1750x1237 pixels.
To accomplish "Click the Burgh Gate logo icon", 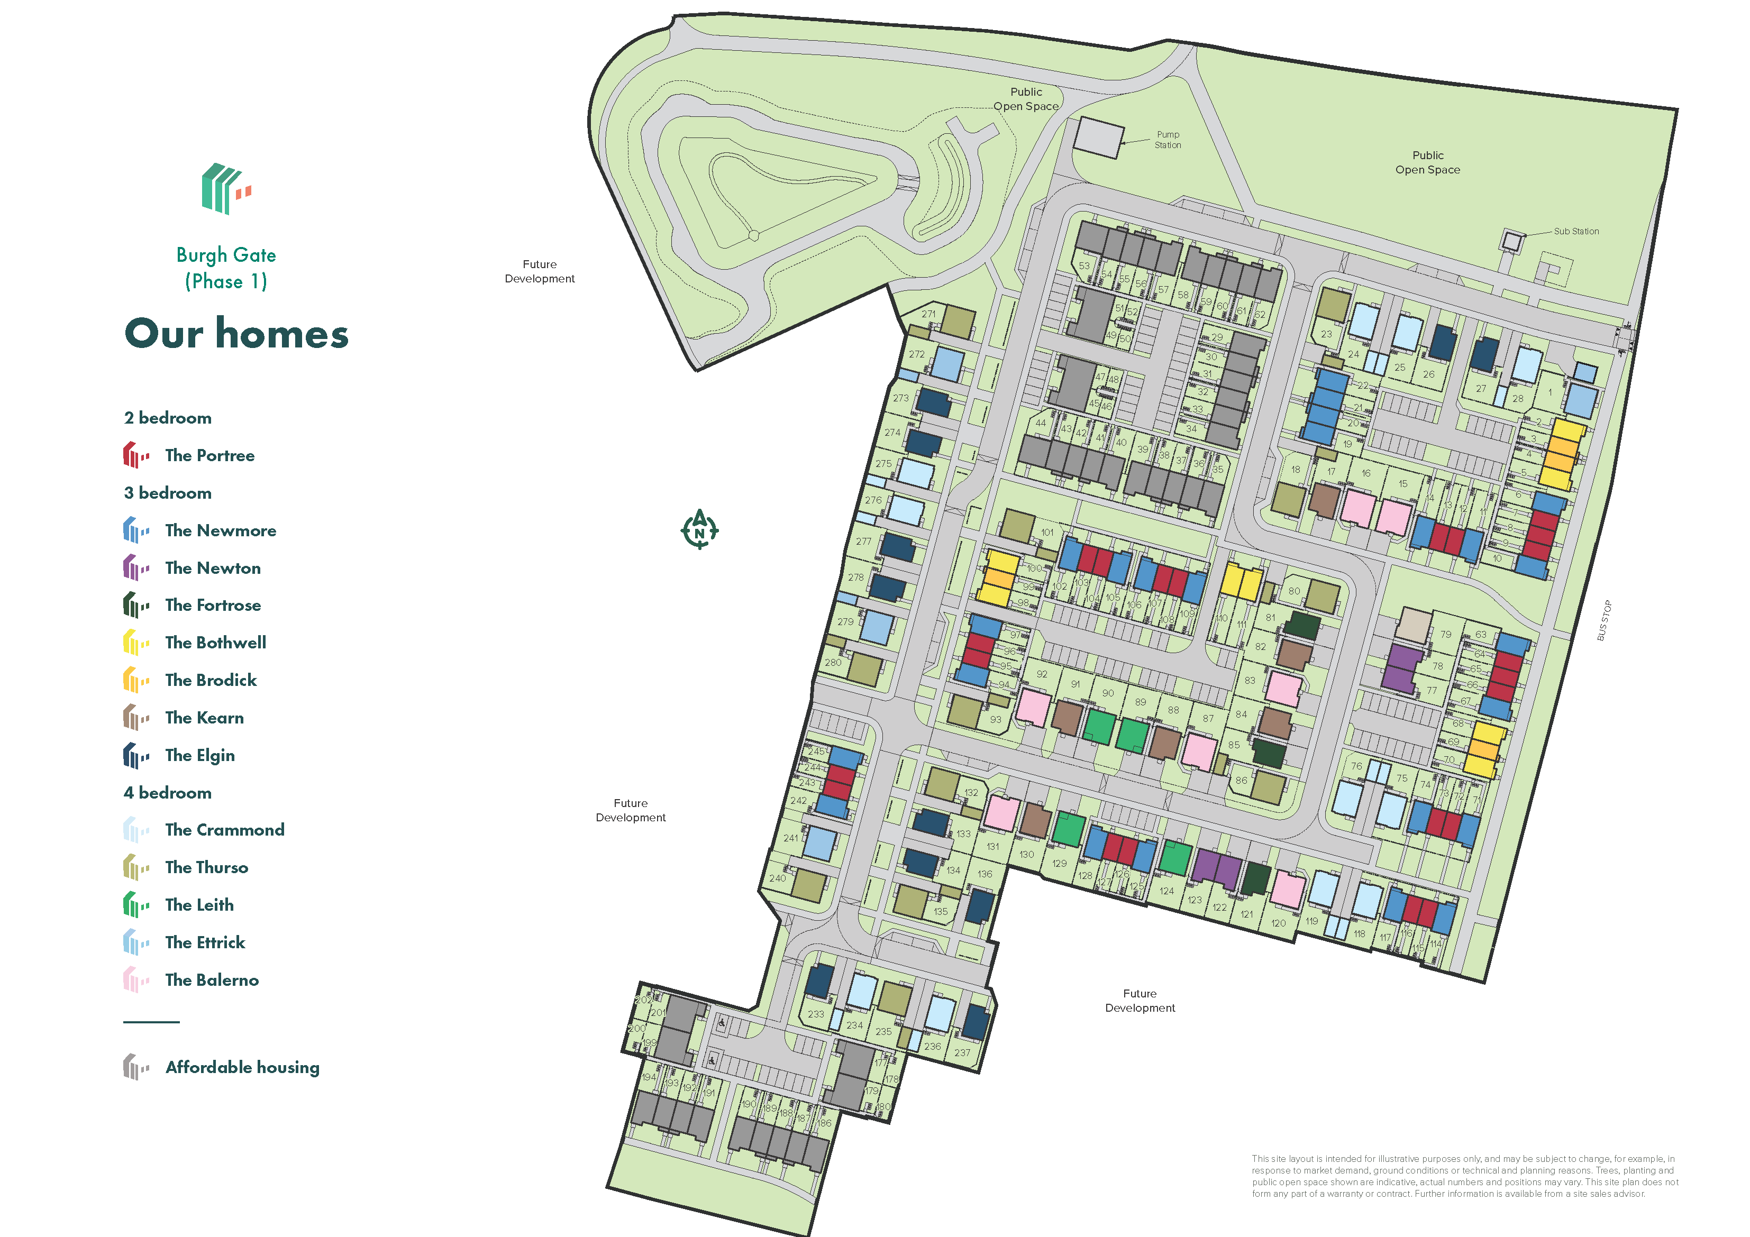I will [x=225, y=188].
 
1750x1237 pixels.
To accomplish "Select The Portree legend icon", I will [x=135, y=455].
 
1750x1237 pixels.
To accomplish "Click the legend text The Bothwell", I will [x=216, y=643].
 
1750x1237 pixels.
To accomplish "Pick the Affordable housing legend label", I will [x=242, y=1067].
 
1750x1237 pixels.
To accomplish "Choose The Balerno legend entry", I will [x=212, y=980].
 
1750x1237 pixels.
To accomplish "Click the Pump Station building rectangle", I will [x=1098, y=138].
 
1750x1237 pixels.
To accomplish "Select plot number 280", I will [x=833, y=662].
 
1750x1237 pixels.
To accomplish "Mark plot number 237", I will [x=962, y=1052].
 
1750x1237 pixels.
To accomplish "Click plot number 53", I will [x=1084, y=266].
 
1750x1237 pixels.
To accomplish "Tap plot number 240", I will [x=778, y=878].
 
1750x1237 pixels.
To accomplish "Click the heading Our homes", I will [x=236, y=334].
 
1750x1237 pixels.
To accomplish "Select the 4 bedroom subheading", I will [x=168, y=793].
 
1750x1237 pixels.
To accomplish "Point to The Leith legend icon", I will [x=135, y=905].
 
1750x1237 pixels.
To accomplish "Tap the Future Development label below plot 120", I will [x=1140, y=1001].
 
